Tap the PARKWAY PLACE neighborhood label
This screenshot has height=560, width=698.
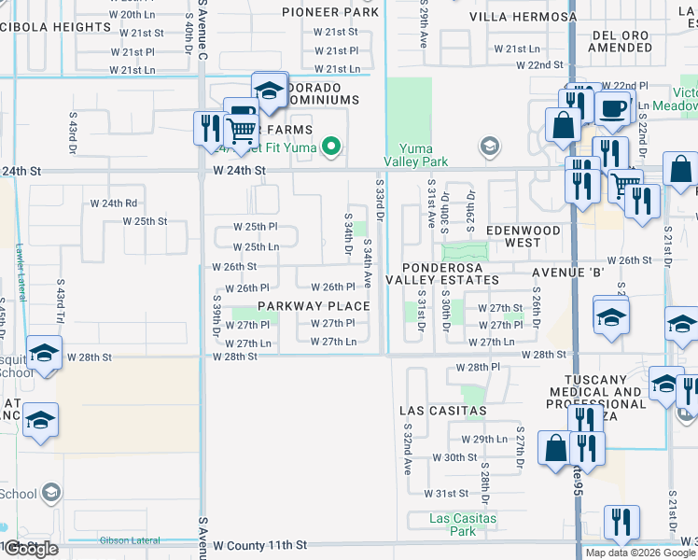click(x=314, y=306)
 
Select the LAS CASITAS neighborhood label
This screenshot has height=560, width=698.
click(x=442, y=411)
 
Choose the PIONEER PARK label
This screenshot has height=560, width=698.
click(x=331, y=13)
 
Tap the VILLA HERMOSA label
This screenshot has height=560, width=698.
click(x=523, y=18)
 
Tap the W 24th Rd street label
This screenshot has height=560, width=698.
click(x=114, y=203)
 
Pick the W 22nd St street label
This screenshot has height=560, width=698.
click(x=542, y=65)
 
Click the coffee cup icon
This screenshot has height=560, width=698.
click(x=612, y=109)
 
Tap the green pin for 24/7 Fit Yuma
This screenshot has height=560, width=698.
click(x=329, y=146)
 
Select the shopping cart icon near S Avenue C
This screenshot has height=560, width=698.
click(x=242, y=130)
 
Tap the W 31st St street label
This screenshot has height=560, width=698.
click(x=445, y=493)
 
